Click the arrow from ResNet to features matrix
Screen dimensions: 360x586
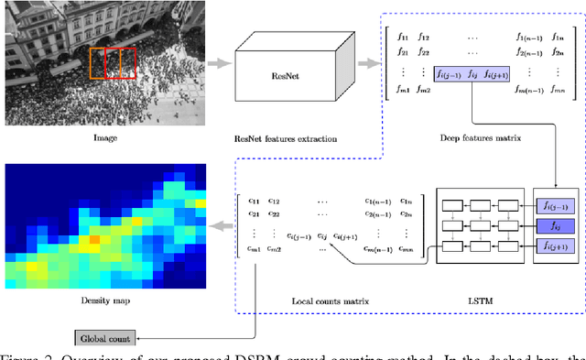368,63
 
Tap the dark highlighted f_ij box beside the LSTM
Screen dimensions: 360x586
555,224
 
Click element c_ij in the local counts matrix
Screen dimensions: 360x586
320,234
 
